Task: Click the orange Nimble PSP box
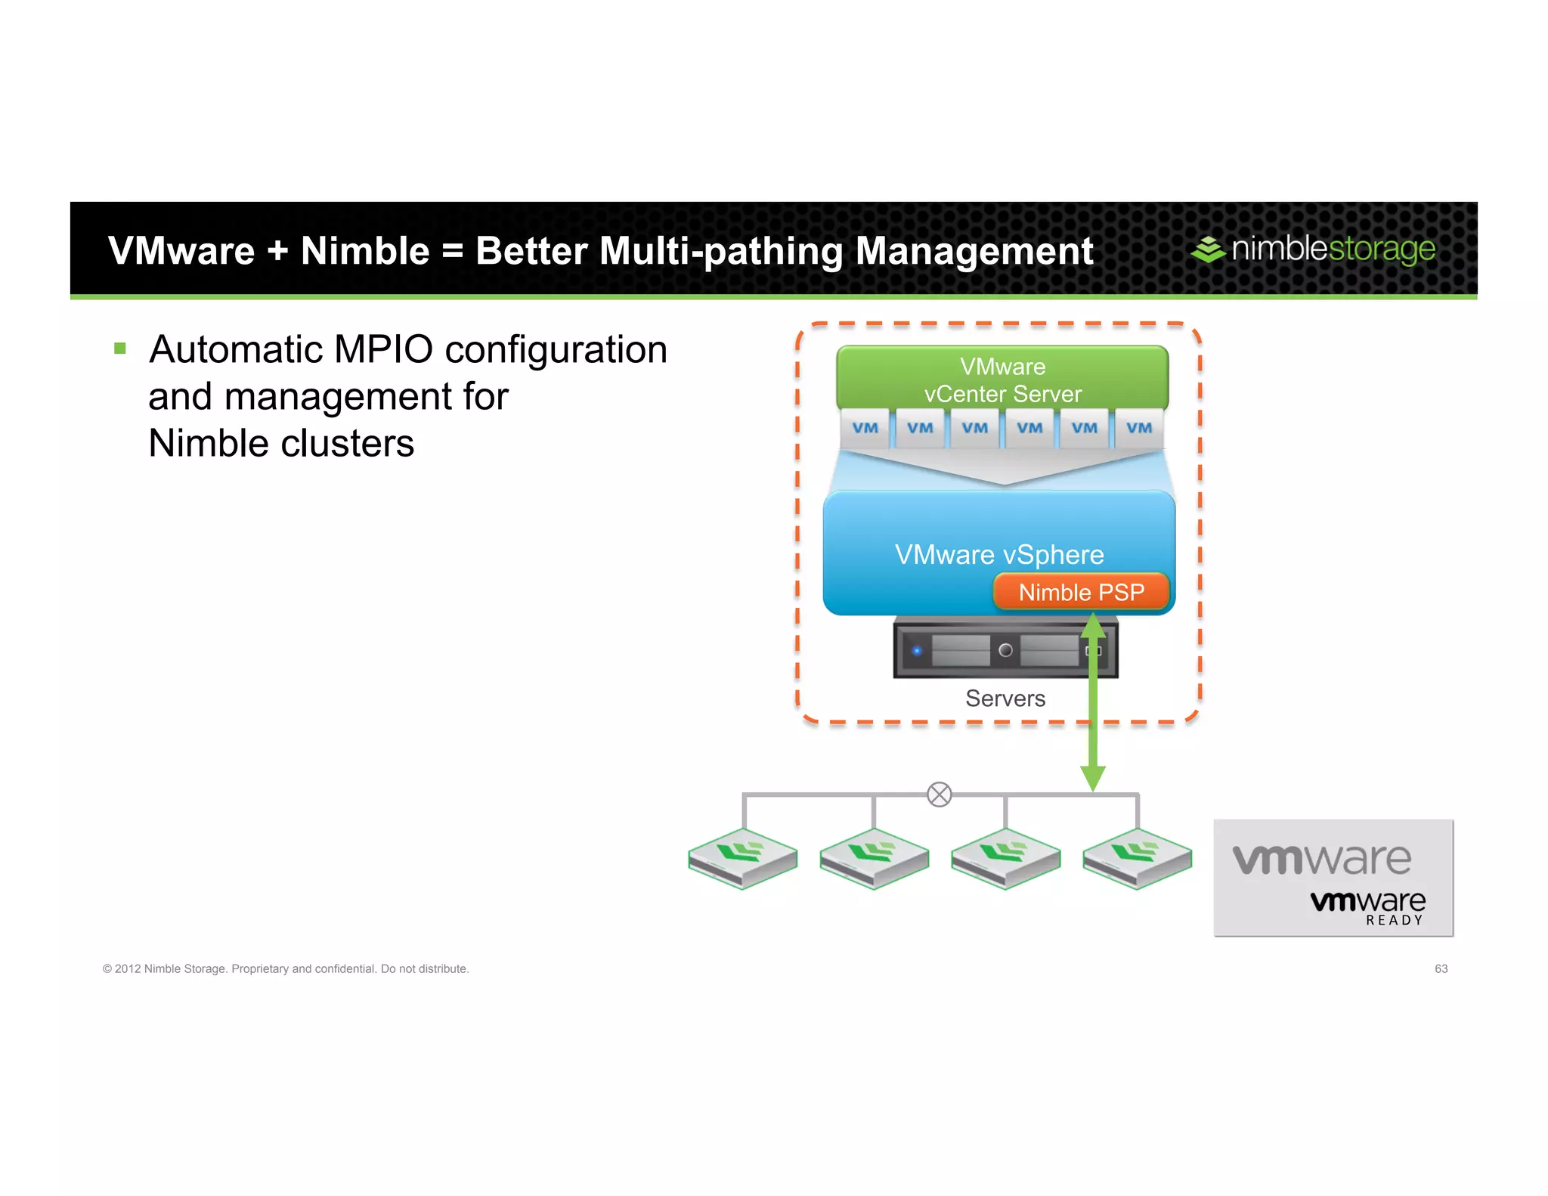(1081, 592)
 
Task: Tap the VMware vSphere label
(999, 555)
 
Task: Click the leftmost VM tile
(865, 428)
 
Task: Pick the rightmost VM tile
(1139, 428)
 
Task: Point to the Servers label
(1005, 699)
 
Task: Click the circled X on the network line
(939, 795)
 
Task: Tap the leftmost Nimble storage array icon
(743, 859)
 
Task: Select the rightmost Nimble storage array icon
(1138, 859)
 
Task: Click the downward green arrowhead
(1093, 778)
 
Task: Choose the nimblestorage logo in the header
(1313, 249)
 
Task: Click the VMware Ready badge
(1333, 878)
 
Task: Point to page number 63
(1441, 968)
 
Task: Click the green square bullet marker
(120, 349)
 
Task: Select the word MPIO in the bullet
(383, 349)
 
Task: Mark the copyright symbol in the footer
(107, 969)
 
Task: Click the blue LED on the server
(917, 650)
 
